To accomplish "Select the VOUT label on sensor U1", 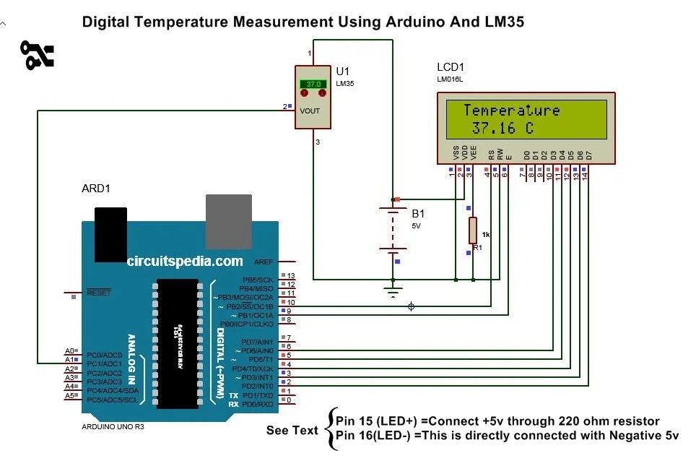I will tap(309, 111).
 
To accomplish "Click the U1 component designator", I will tap(342, 71).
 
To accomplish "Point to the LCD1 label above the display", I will tap(452, 66).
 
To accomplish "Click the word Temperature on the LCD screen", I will tap(511, 111).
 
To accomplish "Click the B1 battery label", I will tap(418, 214).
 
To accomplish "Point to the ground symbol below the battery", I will tap(393, 293).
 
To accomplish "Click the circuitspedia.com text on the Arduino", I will tap(185, 262).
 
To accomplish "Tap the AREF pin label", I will tap(263, 262).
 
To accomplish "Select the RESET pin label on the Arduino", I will tap(98, 293).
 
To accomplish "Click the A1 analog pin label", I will tap(69, 359).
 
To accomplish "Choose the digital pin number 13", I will tap(291, 276).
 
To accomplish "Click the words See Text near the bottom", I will tap(292, 431).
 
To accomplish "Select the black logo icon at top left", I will tap(37, 56).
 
